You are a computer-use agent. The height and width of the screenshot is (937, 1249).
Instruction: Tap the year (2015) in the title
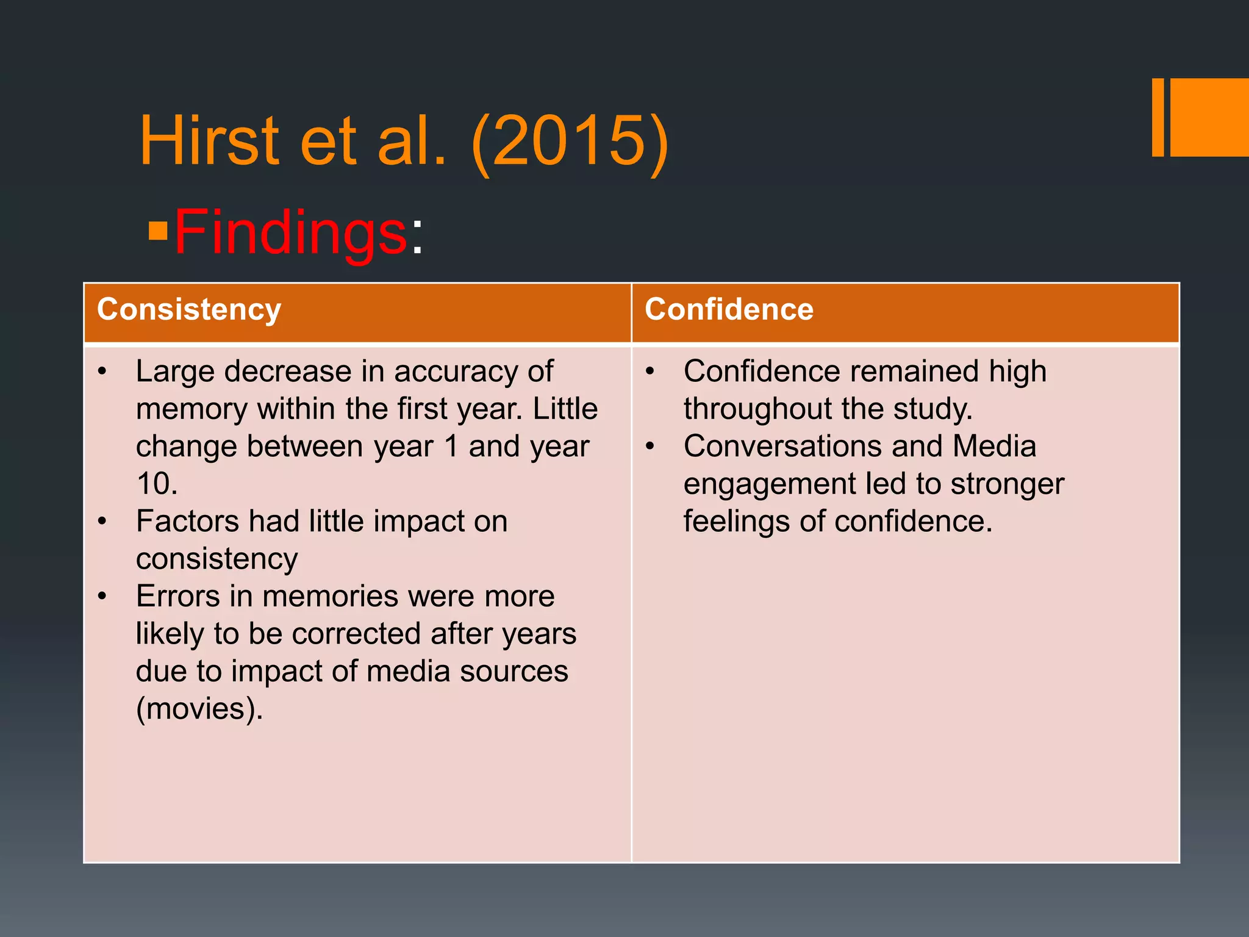point(570,141)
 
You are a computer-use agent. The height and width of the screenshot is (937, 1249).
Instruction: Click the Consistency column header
point(189,309)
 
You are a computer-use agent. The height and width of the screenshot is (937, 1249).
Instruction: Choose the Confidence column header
point(729,309)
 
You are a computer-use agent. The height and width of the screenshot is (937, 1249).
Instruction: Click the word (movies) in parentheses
point(199,708)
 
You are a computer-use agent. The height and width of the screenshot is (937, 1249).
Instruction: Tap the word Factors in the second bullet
point(187,522)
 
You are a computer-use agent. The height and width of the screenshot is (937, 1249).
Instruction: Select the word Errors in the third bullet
point(178,596)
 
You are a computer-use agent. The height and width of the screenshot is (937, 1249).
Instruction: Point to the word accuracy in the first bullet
point(456,372)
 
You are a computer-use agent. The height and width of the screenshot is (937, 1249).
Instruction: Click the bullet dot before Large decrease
point(102,372)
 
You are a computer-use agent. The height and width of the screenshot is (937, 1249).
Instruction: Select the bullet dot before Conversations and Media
point(650,446)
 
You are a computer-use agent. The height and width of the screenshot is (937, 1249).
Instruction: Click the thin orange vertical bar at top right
point(1158,117)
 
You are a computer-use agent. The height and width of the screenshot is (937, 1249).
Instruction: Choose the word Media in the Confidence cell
point(994,446)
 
